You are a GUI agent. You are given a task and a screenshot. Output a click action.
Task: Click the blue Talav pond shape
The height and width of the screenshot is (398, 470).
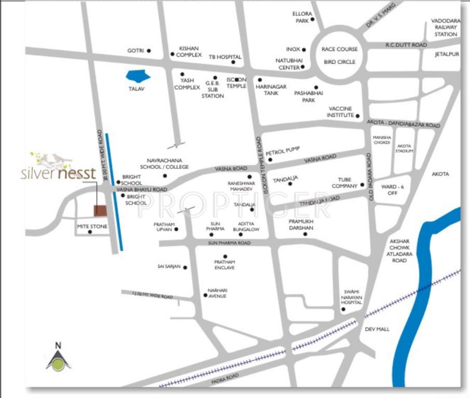tap(138, 77)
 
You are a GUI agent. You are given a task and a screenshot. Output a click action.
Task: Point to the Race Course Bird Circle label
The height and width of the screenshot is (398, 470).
tap(339, 55)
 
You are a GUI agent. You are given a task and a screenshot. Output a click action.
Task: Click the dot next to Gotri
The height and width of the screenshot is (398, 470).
tap(149, 51)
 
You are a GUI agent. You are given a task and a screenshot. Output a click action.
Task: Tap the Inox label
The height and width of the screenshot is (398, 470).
tap(293, 49)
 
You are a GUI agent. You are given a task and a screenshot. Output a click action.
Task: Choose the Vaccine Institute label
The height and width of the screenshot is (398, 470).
tap(340, 112)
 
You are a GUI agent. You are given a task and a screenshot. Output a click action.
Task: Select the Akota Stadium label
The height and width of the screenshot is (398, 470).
tap(405, 148)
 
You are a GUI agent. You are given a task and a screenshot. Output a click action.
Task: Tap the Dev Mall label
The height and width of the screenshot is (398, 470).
tap(377, 329)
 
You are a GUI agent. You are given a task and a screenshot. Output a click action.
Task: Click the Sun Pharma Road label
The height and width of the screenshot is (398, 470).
tap(229, 243)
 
